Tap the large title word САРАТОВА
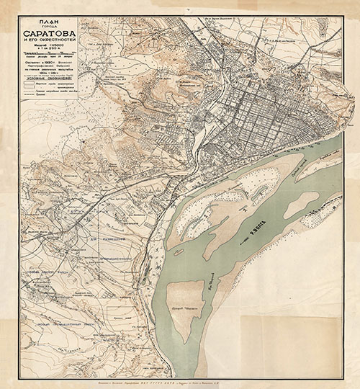click(x=52, y=35)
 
